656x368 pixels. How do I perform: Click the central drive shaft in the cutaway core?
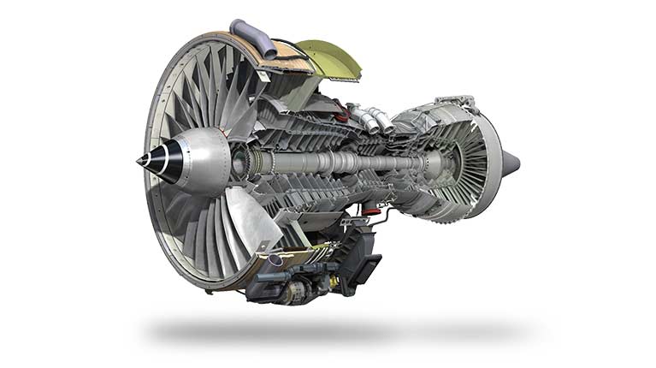(342, 162)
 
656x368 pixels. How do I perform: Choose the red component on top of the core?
(341, 110)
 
